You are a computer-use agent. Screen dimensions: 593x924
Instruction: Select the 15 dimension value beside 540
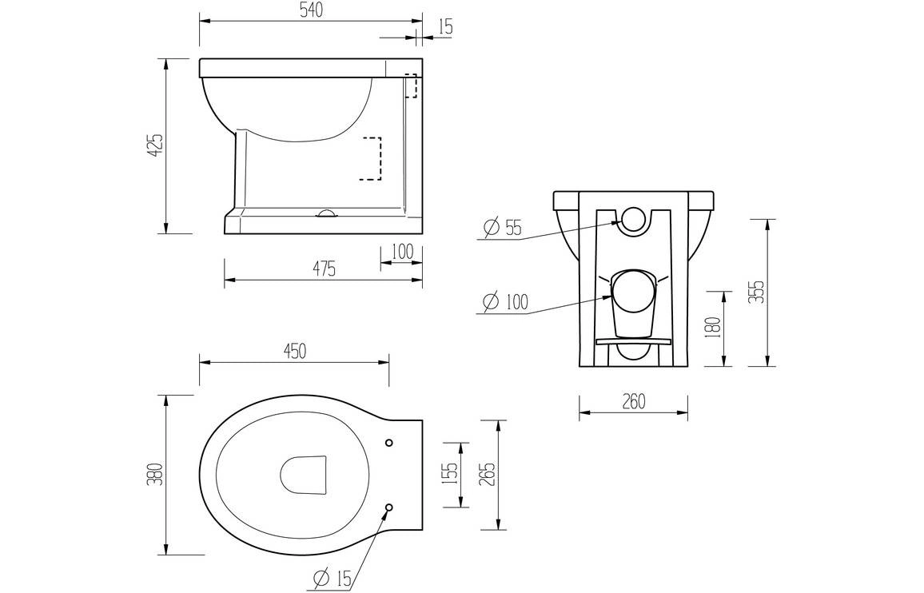(x=445, y=26)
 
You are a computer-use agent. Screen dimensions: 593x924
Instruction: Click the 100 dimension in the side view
(x=402, y=252)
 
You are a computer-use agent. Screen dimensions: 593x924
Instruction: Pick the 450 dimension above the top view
(x=294, y=351)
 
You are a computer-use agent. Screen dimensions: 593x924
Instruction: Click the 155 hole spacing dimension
(x=451, y=474)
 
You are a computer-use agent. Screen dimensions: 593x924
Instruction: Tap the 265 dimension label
(x=489, y=474)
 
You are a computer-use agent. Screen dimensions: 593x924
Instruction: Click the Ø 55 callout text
(x=503, y=229)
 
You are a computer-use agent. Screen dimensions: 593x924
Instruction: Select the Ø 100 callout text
(x=506, y=303)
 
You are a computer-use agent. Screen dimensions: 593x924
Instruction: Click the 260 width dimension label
(x=633, y=402)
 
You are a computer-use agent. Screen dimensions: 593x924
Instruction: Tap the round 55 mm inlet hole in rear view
(x=633, y=220)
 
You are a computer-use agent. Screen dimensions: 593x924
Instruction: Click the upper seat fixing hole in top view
(x=389, y=443)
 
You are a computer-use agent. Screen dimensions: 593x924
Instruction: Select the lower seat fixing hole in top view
(x=389, y=507)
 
